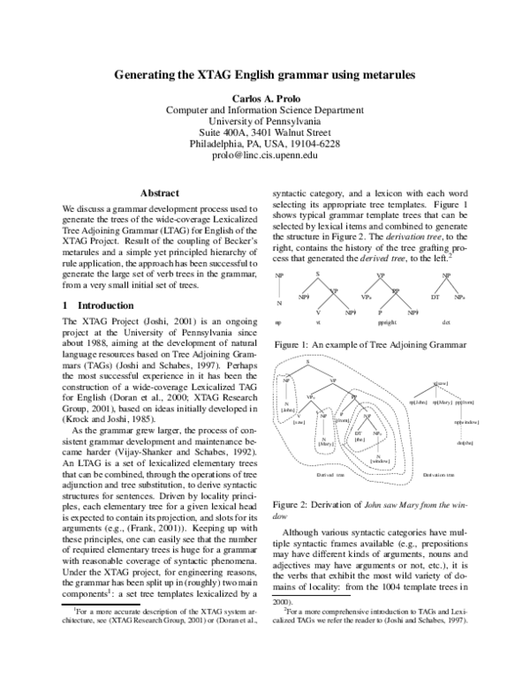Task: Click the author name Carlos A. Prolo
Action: coord(265,96)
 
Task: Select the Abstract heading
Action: coord(161,192)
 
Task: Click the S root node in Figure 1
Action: coord(318,275)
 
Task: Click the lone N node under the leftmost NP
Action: coord(279,303)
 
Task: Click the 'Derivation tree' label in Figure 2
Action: coord(440,475)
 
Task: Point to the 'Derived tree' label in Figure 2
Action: coord(332,475)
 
